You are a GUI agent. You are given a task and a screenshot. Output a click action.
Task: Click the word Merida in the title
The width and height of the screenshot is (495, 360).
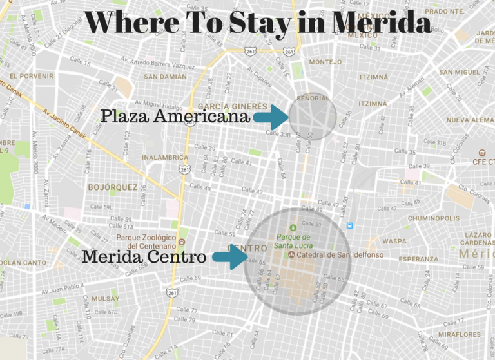click(x=381, y=23)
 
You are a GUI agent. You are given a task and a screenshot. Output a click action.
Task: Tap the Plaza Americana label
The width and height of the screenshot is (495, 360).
click(x=175, y=117)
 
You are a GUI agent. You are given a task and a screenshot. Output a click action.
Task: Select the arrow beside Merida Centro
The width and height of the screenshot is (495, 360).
click(x=230, y=256)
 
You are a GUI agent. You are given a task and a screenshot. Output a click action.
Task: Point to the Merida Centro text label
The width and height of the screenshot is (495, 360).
click(x=144, y=256)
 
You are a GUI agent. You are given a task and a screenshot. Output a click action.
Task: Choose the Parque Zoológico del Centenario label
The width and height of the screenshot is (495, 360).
click(x=151, y=242)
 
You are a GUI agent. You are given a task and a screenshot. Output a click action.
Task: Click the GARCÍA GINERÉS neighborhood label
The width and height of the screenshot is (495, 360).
click(x=232, y=106)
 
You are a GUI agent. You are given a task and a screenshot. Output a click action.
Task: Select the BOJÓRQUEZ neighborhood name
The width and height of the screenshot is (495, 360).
click(x=113, y=187)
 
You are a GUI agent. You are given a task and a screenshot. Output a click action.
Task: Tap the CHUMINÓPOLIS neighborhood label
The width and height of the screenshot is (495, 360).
click(x=433, y=218)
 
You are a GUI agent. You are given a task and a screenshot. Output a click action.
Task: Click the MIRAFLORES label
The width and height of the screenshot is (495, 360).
click(x=459, y=334)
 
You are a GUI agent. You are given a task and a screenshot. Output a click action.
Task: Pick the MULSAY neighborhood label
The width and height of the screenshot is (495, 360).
click(x=105, y=299)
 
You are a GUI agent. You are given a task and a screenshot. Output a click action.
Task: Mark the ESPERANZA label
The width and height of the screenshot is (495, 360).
click(x=419, y=259)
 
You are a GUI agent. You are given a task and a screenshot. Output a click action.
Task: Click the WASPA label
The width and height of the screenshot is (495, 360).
click(x=394, y=242)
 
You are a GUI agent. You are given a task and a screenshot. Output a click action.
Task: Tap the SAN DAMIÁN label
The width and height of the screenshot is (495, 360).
click(x=165, y=77)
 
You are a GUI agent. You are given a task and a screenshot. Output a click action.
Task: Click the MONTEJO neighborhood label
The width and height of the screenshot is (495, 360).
click(x=325, y=62)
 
